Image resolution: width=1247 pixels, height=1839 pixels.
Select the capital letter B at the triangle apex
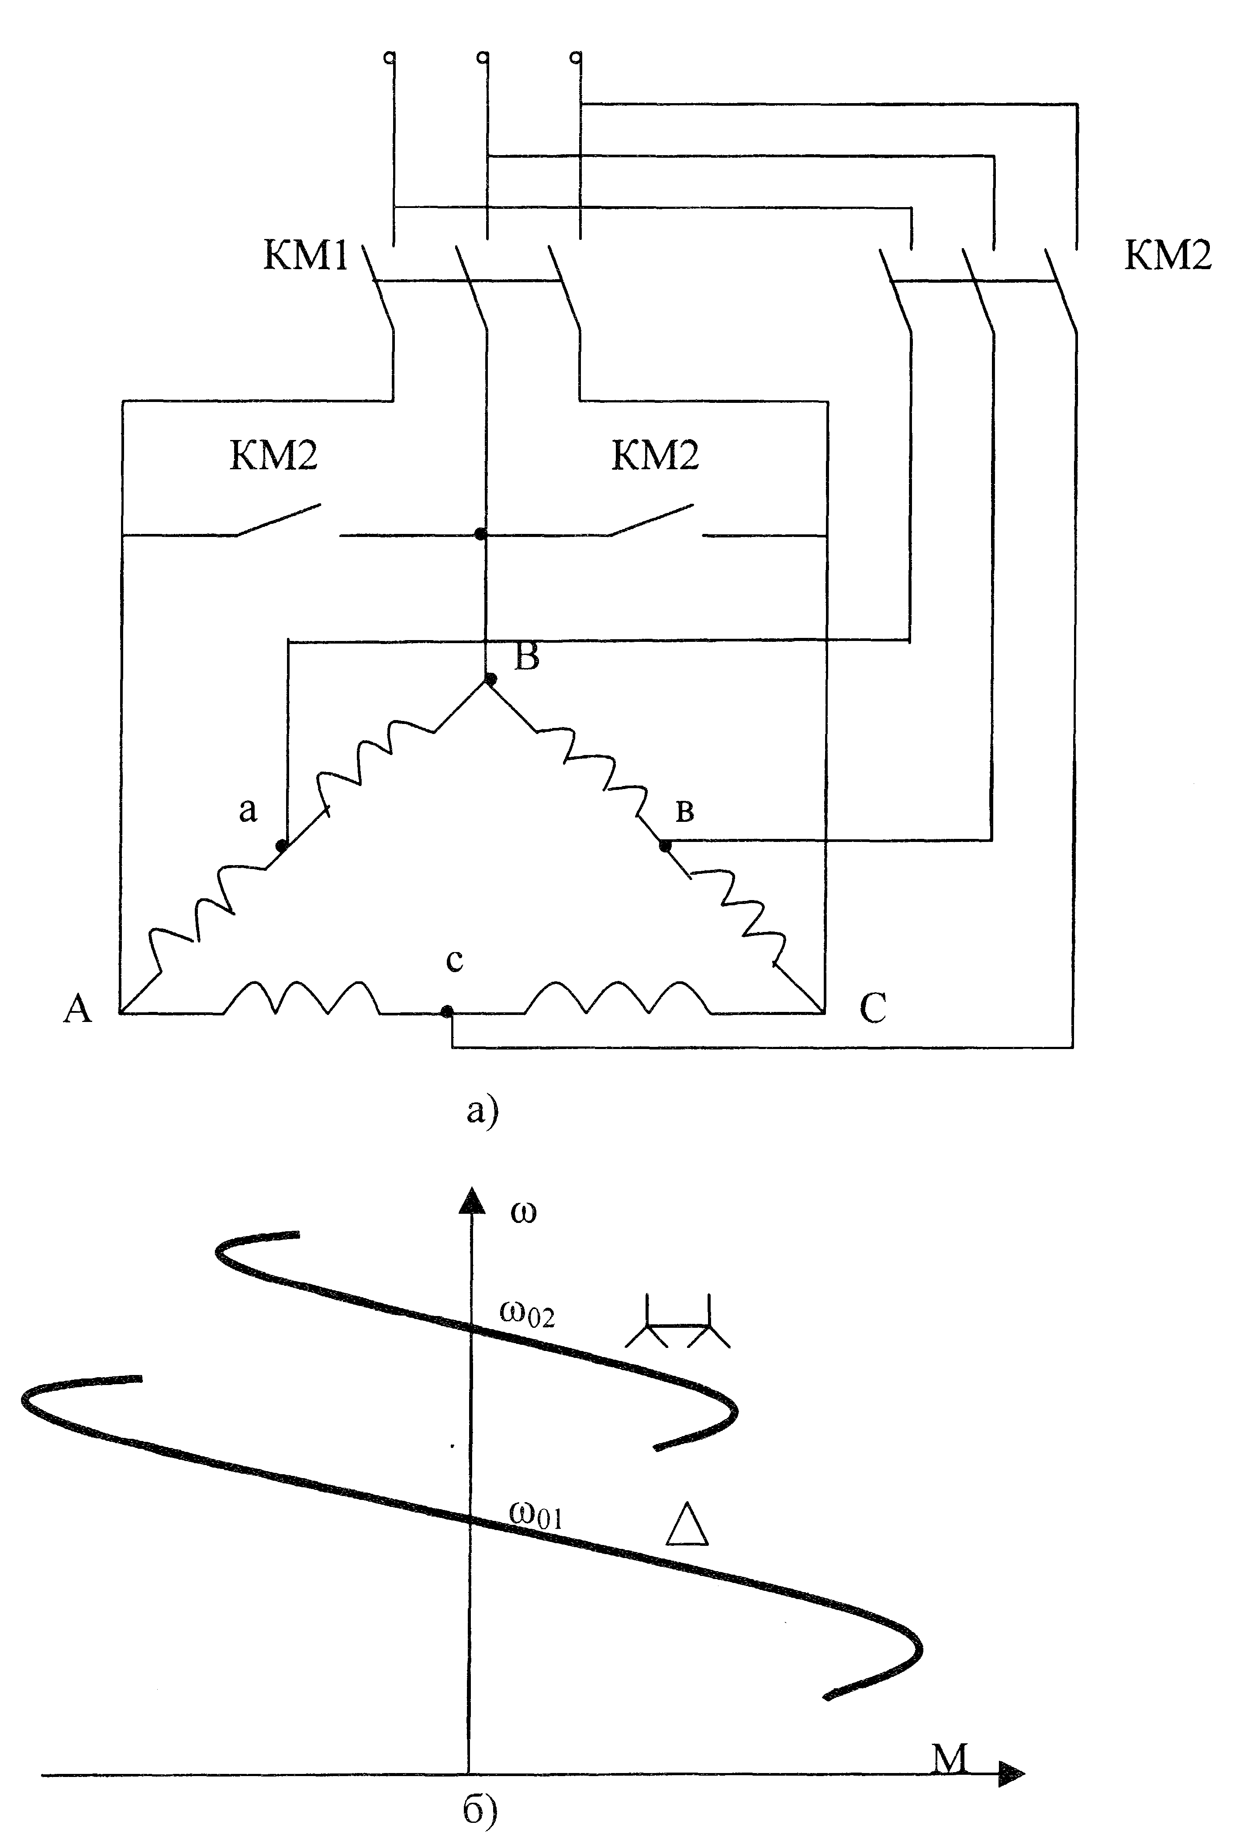click(527, 657)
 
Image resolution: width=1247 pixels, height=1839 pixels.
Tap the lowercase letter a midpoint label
click(249, 810)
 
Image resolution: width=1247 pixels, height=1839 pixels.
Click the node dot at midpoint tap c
click(447, 1011)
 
